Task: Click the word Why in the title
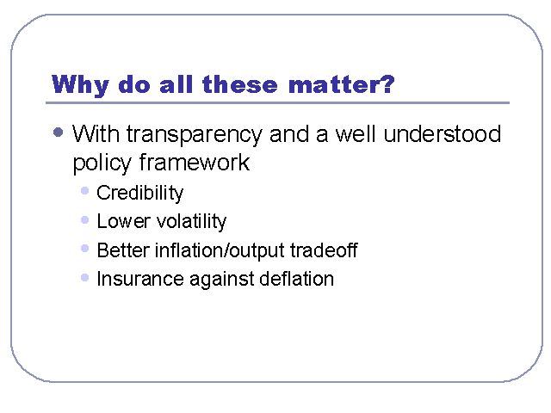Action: pyautogui.click(x=80, y=85)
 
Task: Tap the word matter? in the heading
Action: pyautogui.click(x=341, y=84)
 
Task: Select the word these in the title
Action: pyautogui.click(x=239, y=84)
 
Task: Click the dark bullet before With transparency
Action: pyautogui.click(x=58, y=133)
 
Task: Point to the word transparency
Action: pyautogui.click(x=195, y=136)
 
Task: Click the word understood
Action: pyautogui.click(x=442, y=134)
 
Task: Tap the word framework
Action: pyautogui.click(x=195, y=162)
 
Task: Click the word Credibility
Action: pyautogui.click(x=139, y=193)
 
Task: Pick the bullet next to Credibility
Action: pyautogui.click(x=84, y=191)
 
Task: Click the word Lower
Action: pyautogui.click(x=123, y=221)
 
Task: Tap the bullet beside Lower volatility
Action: pyautogui.click(x=84, y=220)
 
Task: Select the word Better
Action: pyautogui.click(x=123, y=250)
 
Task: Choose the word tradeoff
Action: pyautogui.click(x=324, y=250)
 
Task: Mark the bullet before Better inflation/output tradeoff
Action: pyautogui.click(x=84, y=249)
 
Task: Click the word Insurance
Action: pyautogui.click(x=140, y=279)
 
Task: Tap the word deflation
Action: pyautogui.click(x=296, y=279)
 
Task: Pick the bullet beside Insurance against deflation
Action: pyautogui.click(x=84, y=278)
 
